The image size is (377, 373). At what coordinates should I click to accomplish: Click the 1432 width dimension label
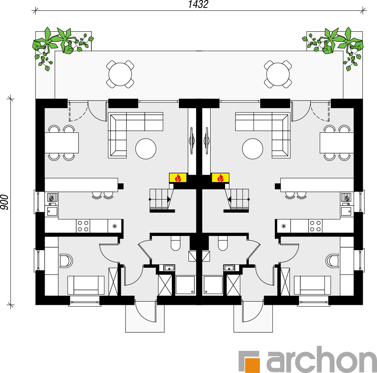(x=198, y=4)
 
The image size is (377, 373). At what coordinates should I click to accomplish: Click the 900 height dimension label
(x=5, y=202)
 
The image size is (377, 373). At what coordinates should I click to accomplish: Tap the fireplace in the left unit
(x=178, y=178)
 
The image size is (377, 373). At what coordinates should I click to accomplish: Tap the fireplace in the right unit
(x=220, y=178)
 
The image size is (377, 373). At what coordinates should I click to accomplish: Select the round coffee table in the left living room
(x=146, y=149)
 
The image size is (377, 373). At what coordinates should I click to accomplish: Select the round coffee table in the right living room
(x=253, y=149)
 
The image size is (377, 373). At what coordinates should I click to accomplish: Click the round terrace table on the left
(x=120, y=74)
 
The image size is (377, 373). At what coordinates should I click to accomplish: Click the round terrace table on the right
(x=278, y=74)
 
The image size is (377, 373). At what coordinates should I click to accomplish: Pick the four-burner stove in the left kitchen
(x=83, y=226)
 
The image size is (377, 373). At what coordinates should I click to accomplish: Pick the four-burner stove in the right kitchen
(x=315, y=226)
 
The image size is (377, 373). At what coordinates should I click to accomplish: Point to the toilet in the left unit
(x=176, y=243)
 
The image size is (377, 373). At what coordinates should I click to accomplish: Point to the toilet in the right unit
(x=223, y=243)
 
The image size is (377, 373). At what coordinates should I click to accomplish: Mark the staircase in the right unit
(x=236, y=200)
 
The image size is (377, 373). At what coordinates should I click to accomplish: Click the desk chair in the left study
(x=65, y=261)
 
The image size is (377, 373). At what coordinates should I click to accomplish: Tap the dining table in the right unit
(x=337, y=143)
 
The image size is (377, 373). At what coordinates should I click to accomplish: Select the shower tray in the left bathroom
(x=185, y=285)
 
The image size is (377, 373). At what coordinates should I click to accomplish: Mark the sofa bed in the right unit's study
(x=312, y=285)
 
